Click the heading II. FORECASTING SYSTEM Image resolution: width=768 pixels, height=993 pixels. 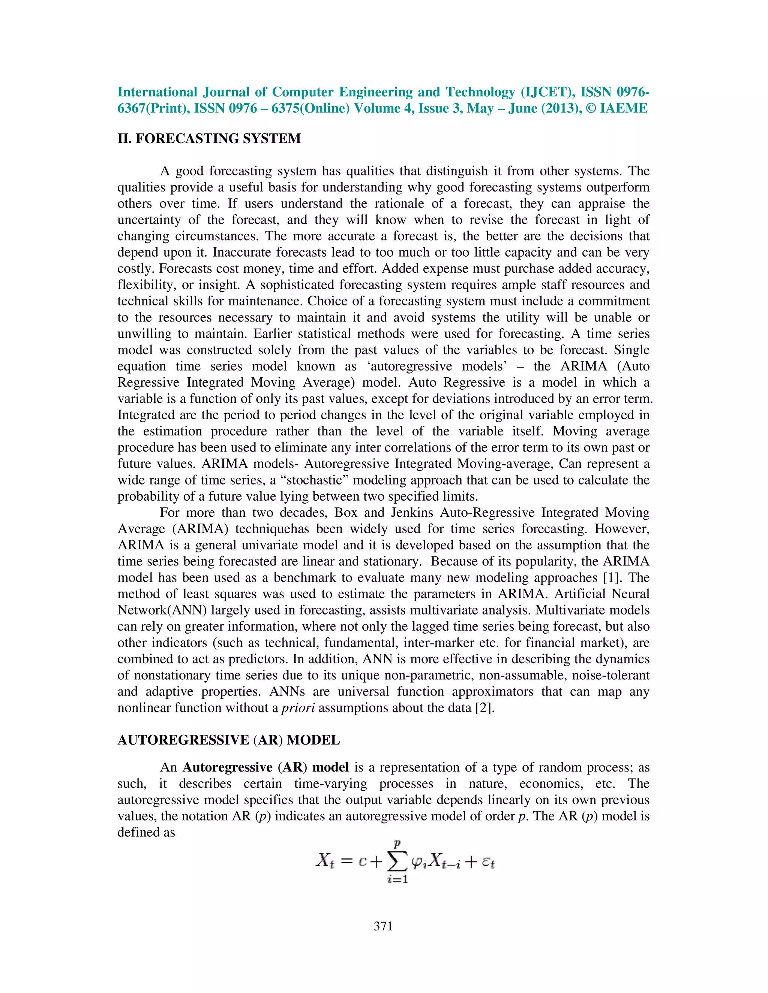point(209,139)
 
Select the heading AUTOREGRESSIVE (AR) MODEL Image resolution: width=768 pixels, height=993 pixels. point(228,740)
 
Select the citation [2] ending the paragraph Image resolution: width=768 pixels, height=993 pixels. point(484,708)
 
